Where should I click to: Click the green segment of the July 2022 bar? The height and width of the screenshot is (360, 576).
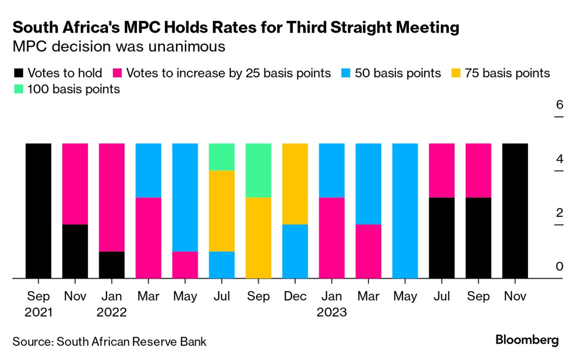(x=222, y=157)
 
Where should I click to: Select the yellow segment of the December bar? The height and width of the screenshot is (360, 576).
(x=295, y=184)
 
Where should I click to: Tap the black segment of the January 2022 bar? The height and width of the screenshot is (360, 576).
(x=112, y=265)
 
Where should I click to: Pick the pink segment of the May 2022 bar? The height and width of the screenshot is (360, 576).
(x=185, y=265)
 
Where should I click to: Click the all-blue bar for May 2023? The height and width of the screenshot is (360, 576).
(x=405, y=210)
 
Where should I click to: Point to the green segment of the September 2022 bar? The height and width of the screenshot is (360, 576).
(x=258, y=170)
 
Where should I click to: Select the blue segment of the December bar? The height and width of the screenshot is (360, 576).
(x=295, y=251)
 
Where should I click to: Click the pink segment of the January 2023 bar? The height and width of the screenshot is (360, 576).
(x=331, y=238)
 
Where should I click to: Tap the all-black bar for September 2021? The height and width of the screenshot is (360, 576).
(x=39, y=210)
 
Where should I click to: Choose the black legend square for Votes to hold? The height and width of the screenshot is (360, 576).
(x=18, y=73)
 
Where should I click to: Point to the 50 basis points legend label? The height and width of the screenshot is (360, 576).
(x=398, y=73)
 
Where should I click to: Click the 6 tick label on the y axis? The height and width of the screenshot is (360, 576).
(x=559, y=106)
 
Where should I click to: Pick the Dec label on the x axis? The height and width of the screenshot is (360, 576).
(x=295, y=296)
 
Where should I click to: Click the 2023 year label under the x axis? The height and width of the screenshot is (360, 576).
(x=331, y=312)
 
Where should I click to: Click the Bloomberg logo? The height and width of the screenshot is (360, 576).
(x=527, y=340)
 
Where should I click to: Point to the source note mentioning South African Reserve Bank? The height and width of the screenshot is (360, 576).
(x=110, y=342)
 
